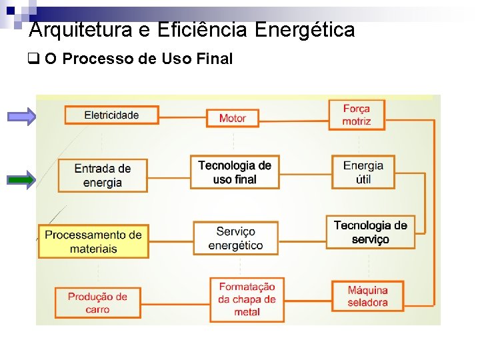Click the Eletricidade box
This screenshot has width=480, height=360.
[111, 115]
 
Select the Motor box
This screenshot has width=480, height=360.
[233, 118]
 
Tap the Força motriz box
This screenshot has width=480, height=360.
[357, 115]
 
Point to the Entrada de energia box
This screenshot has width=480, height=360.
[103, 175]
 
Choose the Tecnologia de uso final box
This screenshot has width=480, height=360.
[235, 172]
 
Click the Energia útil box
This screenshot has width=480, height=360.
[363, 172]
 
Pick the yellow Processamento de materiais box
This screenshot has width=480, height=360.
[93, 241]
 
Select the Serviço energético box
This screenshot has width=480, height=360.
[235, 238]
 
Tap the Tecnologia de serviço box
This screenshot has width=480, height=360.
[370, 232]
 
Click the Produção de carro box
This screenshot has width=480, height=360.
[97, 303]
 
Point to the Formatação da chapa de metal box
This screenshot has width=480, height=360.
[247, 299]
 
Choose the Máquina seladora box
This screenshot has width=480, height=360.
[367, 296]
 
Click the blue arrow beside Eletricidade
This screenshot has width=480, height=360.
[22, 117]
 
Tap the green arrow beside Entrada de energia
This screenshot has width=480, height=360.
[22, 179]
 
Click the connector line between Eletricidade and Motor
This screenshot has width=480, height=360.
[182, 117]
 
